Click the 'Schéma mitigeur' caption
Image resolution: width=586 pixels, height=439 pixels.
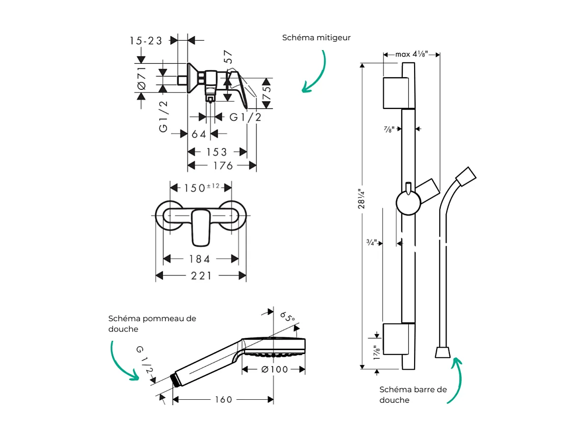(316, 38)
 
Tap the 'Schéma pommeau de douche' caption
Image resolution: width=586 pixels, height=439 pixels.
(152, 324)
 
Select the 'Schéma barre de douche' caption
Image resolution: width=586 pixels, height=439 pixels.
(413, 394)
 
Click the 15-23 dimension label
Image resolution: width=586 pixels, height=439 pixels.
(146, 41)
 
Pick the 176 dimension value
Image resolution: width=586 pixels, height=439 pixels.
(223, 166)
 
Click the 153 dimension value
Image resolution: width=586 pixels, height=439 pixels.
(217, 152)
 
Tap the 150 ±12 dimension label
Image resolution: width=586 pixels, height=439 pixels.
(201, 188)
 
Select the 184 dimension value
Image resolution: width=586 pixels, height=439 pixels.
(199, 259)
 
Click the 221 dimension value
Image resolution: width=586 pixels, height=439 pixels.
(201, 276)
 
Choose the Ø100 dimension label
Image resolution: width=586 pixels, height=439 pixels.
(275, 369)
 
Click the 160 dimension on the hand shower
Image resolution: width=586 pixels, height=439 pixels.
(223, 400)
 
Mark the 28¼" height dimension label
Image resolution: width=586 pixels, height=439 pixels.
(362, 199)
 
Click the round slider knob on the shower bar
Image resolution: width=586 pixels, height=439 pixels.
(408, 203)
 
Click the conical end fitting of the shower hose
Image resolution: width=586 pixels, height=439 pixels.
(443, 352)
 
